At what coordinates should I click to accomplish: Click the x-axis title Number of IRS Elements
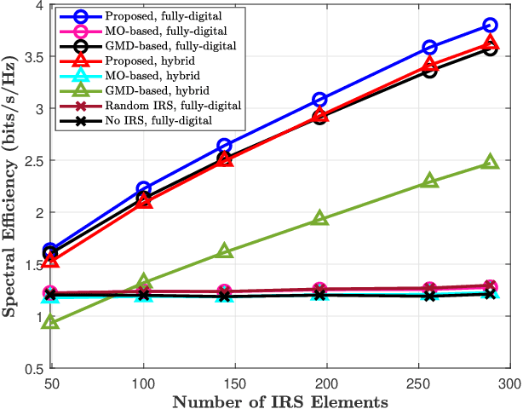[x=279, y=400]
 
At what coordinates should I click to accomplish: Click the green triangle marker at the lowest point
[x=50, y=322]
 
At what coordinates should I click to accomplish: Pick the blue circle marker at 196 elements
[x=319, y=100]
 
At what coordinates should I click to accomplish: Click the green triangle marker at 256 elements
[x=430, y=181]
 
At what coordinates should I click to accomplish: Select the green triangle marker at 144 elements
[x=224, y=251]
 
